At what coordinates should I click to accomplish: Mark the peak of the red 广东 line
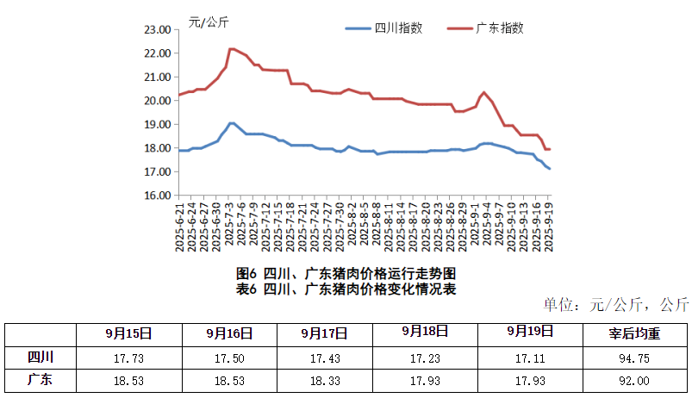pos(232,49)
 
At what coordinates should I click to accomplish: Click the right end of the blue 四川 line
pos(549,169)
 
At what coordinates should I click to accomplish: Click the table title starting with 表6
pos(346,289)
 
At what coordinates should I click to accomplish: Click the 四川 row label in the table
pos(40,357)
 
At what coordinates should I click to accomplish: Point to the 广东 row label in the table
pos(40,379)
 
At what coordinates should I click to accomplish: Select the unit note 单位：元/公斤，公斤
pos(615,304)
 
